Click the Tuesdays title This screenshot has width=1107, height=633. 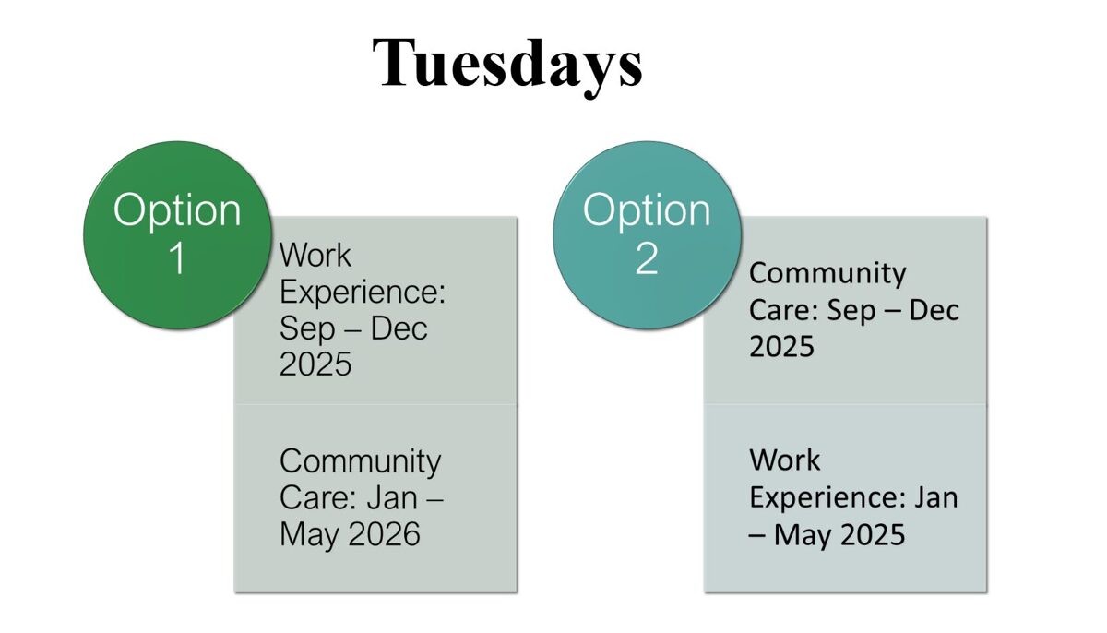click(x=507, y=63)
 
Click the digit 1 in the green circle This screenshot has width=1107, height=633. click(x=176, y=259)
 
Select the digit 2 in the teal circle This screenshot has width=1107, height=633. click(x=646, y=259)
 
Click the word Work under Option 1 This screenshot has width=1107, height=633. click(x=315, y=255)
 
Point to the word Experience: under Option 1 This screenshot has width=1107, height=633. click(x=363, y=292)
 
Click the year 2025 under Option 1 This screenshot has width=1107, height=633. click(x=315, y=364)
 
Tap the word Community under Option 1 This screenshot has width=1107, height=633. click(x=360, y=460)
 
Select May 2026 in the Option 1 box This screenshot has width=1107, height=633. click(x=350, y=533)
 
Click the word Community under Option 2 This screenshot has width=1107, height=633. click(x=827, y=273)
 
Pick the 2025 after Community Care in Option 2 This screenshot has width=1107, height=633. click(x=781, y=346)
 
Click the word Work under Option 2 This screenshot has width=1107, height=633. click(x=785, y=460)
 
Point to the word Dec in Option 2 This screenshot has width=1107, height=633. click(x=934, y=310)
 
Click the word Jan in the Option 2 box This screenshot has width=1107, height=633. click(x=936, y=496)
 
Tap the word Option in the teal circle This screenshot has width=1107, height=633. click(x=646, y=210)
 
